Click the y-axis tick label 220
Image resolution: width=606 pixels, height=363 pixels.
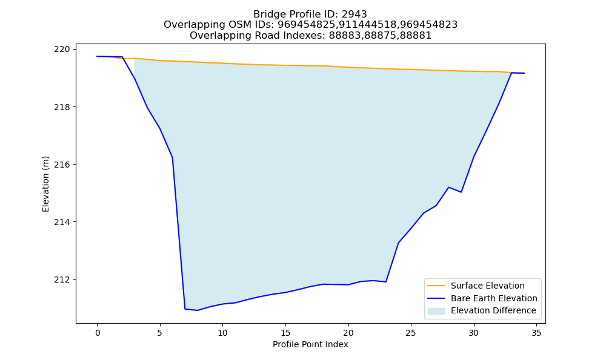pos(62,50)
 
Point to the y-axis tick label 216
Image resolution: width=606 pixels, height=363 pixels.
pos(62,165)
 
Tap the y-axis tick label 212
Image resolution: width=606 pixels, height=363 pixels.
pos(62,280)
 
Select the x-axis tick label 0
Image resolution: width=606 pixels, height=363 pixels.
pos(98,333)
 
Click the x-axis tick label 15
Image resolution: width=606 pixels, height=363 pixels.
pos(285,333)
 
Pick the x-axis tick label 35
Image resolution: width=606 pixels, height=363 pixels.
pos(536,333)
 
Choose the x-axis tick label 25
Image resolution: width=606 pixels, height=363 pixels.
pos(411,333)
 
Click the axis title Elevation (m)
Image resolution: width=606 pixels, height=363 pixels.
pos(45,184)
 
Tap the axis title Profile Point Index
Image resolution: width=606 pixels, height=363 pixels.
pos(310,344)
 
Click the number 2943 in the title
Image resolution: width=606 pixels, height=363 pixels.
pos(354,15)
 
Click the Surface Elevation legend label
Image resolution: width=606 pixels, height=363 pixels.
pos(488,286)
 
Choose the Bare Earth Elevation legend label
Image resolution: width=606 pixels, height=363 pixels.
pos(494,298)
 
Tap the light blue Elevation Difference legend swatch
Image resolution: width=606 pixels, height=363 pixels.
pos(436,311)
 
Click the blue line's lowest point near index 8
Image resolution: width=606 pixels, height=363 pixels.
pos(198,310)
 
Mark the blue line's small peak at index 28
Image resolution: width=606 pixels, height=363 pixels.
pos(448,187)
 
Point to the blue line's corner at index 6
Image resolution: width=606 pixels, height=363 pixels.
pos(172,157)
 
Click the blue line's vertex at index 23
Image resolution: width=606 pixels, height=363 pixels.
pos(385,282)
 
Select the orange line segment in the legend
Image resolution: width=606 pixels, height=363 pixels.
pos(436,286)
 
